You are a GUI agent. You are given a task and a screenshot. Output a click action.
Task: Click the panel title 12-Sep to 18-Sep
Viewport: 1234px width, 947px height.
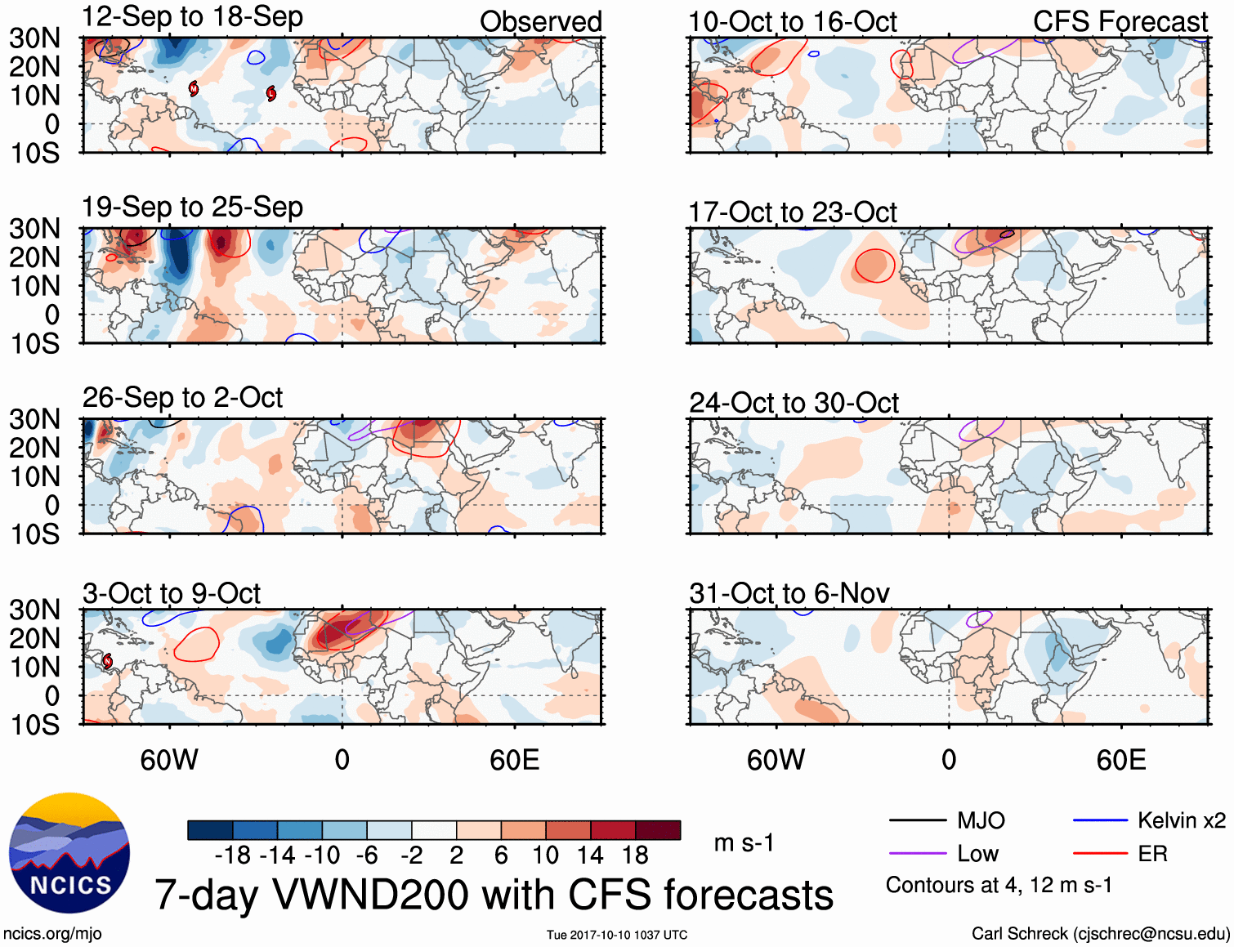pos(192,17)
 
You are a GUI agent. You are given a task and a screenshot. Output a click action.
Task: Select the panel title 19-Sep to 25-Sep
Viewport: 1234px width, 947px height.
pos(192,208)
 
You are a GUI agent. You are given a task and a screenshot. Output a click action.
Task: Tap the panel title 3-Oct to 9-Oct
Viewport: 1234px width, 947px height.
pos(172,593)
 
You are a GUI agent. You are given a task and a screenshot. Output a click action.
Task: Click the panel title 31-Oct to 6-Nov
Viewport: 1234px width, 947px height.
pos(789,593)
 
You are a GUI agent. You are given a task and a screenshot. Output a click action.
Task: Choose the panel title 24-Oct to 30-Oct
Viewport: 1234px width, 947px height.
pos(794,404)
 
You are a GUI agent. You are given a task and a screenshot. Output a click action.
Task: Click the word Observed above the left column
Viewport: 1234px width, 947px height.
pos(541,22)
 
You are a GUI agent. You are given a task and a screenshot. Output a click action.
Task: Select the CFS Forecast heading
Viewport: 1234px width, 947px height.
pos(1120,22)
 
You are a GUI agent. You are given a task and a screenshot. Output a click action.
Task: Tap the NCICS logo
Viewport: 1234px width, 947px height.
pos(69,853)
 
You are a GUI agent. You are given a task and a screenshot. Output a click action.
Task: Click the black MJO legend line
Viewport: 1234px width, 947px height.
pos(917,820)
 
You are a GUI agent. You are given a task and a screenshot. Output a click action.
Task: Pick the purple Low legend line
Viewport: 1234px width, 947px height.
pos(917,854)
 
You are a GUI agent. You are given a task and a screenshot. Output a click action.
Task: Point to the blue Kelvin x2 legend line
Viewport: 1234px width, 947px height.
pos(1100,820)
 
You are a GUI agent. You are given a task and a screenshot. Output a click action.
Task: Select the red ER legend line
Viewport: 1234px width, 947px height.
pos(1100,854)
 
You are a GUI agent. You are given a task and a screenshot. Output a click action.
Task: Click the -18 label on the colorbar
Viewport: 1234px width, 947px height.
pos(233,855)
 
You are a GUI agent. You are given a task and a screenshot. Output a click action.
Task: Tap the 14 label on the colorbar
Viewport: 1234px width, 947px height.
pos(590,855)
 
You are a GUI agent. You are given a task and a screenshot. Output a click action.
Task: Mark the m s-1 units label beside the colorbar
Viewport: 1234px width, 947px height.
pos(744,842)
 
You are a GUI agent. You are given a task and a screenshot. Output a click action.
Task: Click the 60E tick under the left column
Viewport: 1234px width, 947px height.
pos(514,761)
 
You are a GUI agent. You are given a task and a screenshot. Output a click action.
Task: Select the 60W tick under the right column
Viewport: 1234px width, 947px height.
pos(776,761)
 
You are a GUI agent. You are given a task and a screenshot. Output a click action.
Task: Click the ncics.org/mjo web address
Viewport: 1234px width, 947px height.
pos(52,934)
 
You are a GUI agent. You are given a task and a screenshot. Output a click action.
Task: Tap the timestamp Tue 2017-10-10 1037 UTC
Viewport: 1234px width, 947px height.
pos(617,935)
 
